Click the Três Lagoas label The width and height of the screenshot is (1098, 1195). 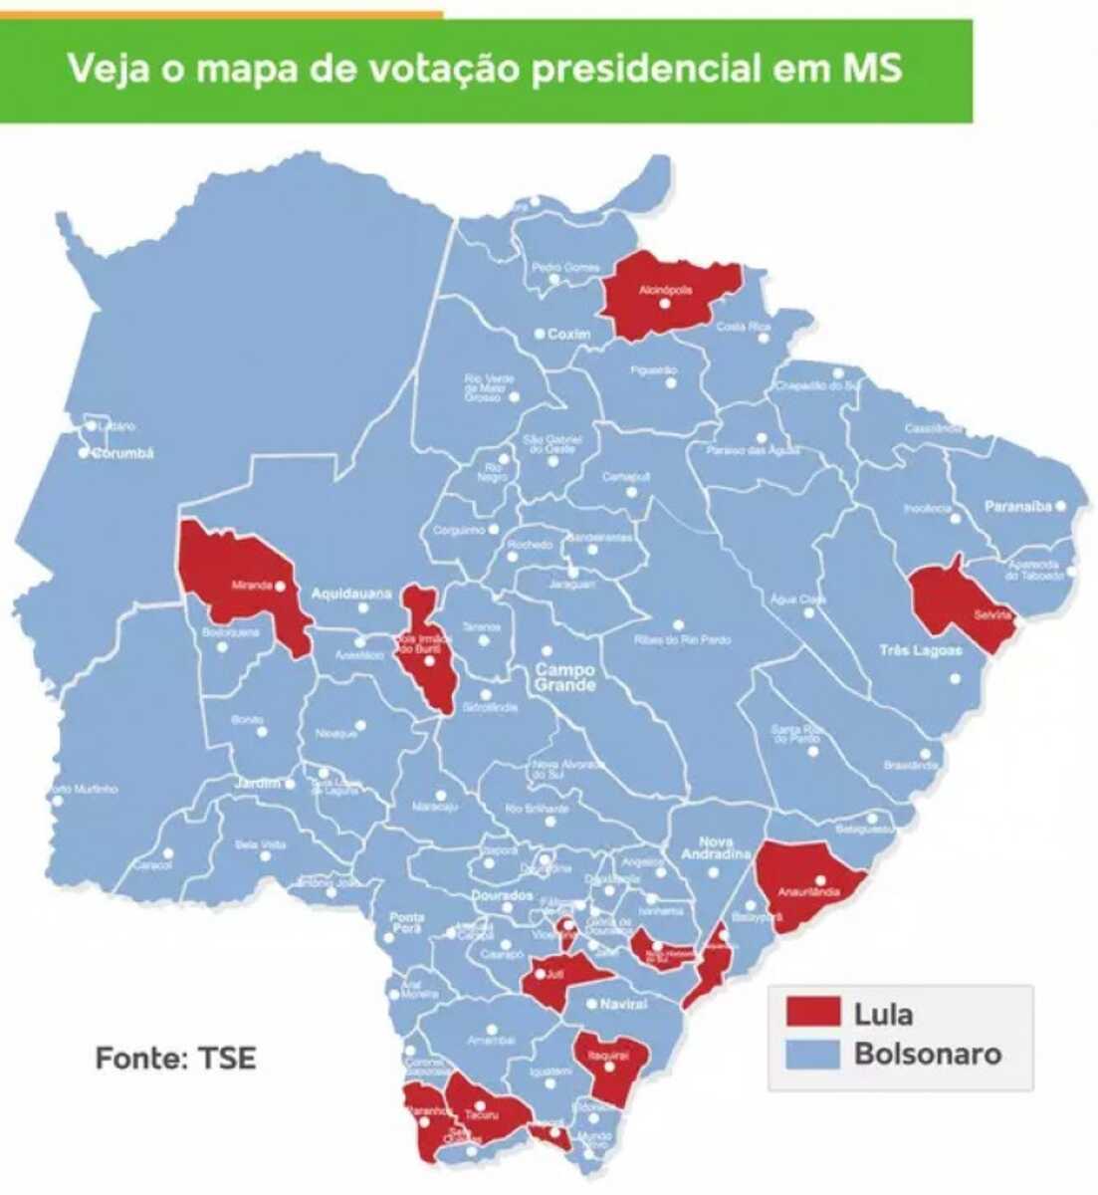click(921, 650)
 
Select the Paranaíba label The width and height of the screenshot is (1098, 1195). click(1017, 507)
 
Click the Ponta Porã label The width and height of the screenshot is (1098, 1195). click(407, 923)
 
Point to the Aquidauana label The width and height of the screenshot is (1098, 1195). click(351, 595)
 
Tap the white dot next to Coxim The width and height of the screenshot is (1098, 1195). click(539, 335)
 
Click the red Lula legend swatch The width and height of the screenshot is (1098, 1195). click(812, 1012)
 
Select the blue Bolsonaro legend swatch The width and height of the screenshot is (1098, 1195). click(812, 1055)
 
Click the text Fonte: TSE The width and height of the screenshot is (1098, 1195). click(175, 1058)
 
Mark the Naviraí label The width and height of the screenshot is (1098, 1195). click(623, 1005)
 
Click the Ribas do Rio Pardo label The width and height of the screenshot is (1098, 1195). click(682, 640)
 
